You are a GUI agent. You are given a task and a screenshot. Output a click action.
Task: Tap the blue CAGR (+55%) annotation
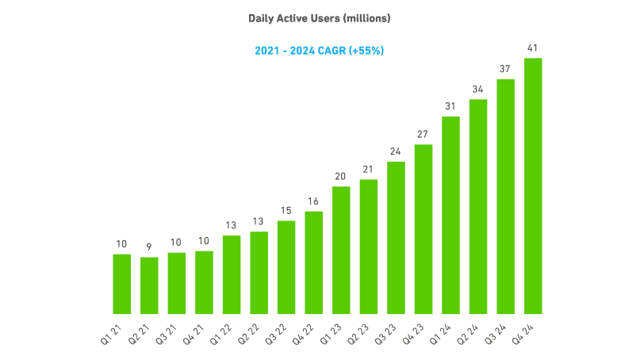point(320,51)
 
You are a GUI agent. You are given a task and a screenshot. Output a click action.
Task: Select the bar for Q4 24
point(533,186)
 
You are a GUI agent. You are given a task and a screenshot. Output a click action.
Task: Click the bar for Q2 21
point(149,285)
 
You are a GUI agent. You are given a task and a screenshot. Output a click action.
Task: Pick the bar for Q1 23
point(341,250)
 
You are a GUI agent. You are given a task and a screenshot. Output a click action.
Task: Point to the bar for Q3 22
point(286,267)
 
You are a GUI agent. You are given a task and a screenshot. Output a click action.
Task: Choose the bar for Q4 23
point(423,229)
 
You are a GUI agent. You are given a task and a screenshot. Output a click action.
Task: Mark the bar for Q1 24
point(451,215)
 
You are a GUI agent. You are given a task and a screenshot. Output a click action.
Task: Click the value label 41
point(533,48)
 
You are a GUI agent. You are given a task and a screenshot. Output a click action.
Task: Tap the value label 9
point(149,247)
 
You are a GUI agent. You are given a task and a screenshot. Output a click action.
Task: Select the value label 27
point(423,135)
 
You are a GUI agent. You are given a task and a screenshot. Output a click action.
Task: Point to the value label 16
point(314,202)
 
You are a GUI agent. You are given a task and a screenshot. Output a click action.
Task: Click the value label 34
point(478,90)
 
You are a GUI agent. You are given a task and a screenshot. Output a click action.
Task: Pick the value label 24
point(396,152)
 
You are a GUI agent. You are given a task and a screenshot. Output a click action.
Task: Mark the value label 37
point(506,69)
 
